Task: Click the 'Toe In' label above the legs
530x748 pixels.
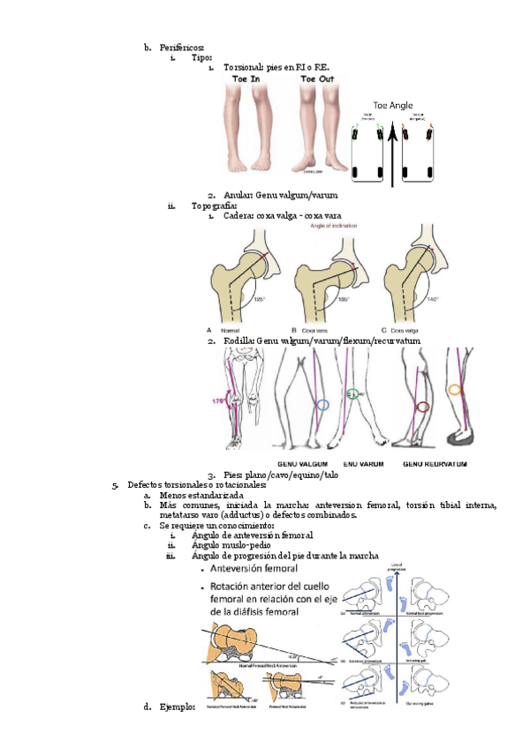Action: coord(246,79)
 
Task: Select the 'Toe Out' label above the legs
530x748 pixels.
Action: coord(318,79)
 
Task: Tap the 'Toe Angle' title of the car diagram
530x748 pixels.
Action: coord(393,104)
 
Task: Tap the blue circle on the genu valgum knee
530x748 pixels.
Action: coord(322,406)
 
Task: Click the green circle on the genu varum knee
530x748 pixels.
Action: coord(353,394)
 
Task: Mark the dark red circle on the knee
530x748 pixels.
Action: coord(423,407)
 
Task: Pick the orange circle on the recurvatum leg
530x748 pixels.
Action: coord(455,388)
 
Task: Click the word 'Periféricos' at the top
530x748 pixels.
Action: coord(182,46)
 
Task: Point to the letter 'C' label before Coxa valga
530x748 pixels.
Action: coord(383,330)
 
